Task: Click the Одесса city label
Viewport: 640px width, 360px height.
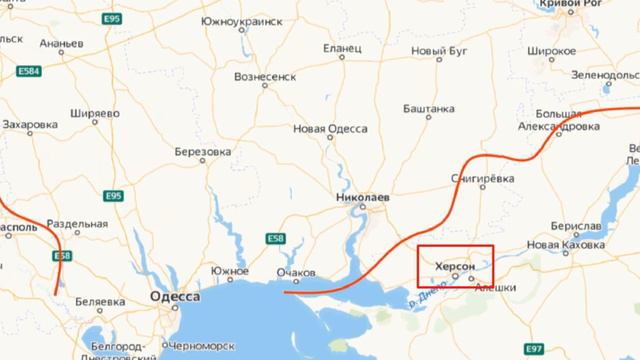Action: point(173,297)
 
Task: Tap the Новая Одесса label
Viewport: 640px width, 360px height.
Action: point(330,129)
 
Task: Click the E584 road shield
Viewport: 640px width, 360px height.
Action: point(29,72)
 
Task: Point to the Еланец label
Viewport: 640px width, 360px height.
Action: point(342,48)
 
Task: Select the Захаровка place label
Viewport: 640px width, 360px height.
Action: point(30,125)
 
